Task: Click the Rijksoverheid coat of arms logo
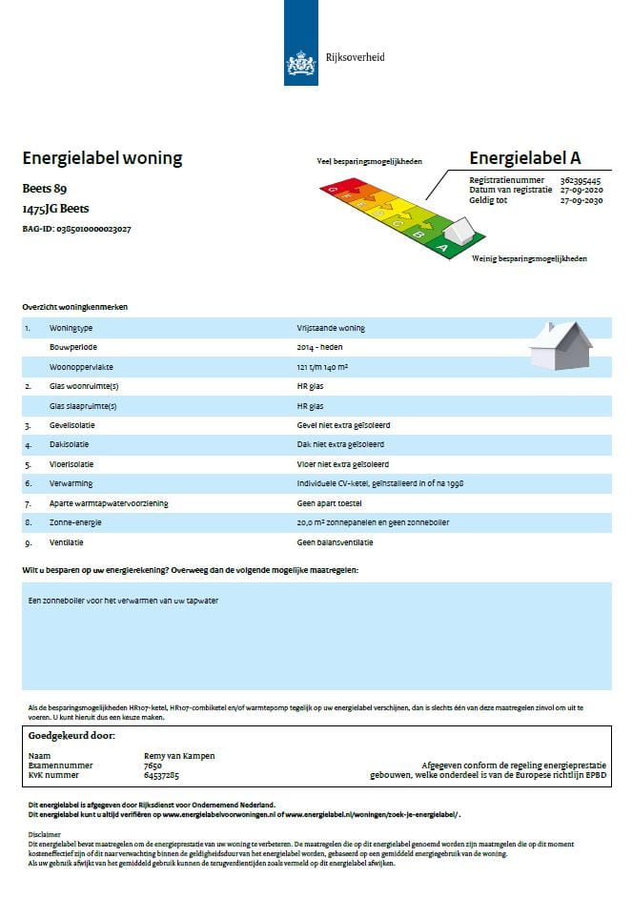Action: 301,64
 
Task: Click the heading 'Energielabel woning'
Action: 102,158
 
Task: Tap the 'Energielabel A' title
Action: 524,158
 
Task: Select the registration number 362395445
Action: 581,180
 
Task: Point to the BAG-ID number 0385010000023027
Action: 94,229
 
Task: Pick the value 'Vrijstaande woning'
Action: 331,328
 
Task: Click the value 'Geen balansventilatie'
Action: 335,542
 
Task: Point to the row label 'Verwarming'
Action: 70,483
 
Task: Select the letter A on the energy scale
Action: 441,247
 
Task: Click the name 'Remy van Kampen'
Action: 178,756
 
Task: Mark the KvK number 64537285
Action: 161,775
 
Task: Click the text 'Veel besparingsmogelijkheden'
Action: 369,162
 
